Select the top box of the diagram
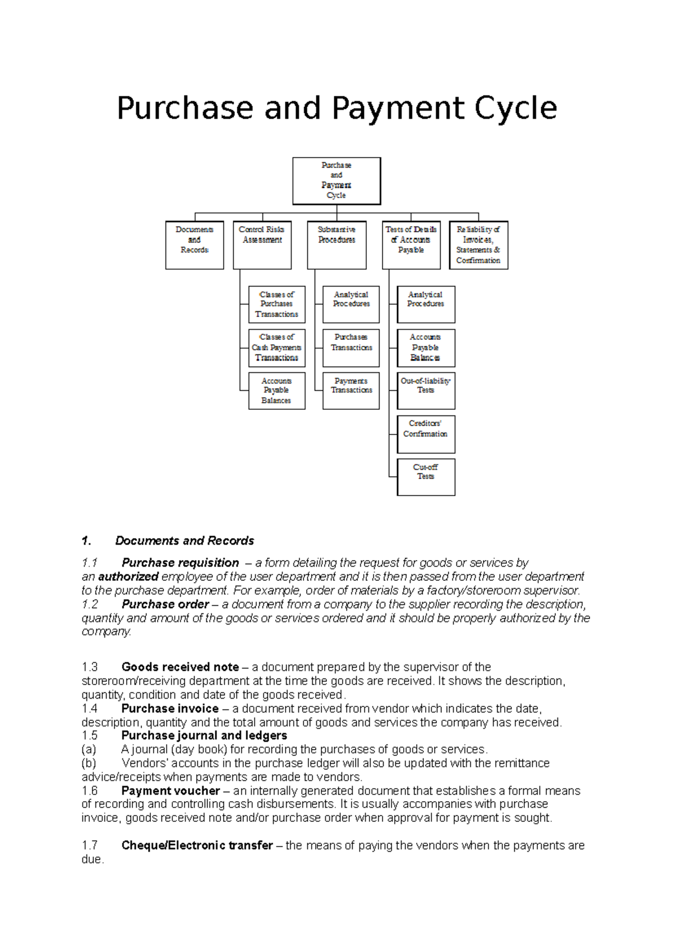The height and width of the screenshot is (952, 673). [336, 181]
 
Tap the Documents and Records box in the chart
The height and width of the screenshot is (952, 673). [195, 245]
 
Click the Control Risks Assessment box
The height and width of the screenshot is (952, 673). [262, 245]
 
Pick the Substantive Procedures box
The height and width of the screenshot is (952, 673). [336, 245]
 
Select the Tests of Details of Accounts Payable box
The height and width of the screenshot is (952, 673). [411, 245]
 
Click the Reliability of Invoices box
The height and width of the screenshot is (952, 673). [478, 245]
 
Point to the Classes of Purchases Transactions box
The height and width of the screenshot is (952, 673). [276, 304]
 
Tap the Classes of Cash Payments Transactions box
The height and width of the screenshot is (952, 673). [276, 348]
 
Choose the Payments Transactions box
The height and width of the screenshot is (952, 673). [351, 391]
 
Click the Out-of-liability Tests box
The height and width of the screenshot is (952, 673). [426, 391]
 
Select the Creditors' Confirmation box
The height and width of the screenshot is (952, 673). [426, 434]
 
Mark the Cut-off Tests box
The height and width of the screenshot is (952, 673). [426, 477]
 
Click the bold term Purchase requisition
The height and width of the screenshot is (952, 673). [180, 563]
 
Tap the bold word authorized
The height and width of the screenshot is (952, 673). [128, 577]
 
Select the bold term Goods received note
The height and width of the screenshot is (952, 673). [180, 667]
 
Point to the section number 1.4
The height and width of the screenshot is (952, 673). [90, 709]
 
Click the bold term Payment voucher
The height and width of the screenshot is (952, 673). [170, 791]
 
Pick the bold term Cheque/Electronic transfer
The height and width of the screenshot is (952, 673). [197, 845]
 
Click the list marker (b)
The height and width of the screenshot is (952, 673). [89, 764]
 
